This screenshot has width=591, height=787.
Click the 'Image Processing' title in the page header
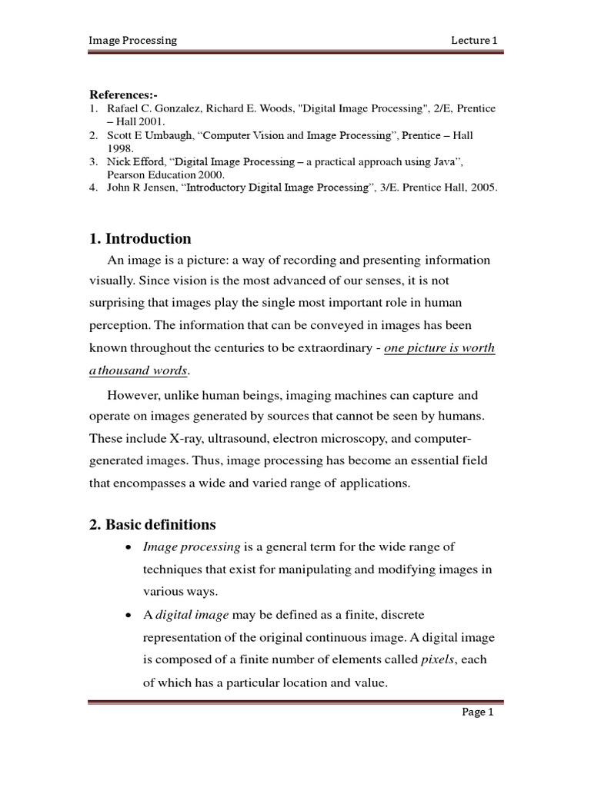click(x=133, y=40)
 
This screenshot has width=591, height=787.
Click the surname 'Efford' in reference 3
click(x=148, y=161)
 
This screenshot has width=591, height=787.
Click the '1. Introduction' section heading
click(x=140, y=238)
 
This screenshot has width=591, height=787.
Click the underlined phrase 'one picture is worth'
click(x=439, y=348)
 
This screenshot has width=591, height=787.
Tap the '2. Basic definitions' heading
click(x=152, y=525)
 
